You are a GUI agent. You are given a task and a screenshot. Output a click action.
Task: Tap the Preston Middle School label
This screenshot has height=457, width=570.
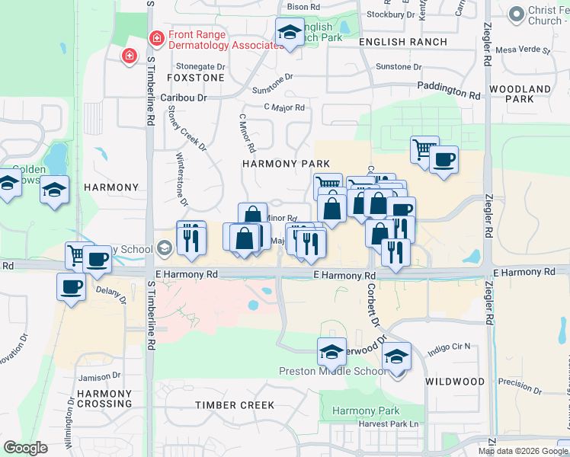pos(332,372)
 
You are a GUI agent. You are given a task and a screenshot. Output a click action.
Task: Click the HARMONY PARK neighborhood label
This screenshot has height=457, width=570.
pos(286,164)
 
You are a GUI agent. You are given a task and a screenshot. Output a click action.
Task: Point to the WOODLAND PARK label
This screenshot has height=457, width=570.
pos(520,94)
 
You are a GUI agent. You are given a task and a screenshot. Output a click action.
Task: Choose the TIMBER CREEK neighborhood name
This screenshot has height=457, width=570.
pos(235,405)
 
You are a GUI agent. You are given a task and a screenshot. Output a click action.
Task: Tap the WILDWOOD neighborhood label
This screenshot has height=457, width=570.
pos(455,381)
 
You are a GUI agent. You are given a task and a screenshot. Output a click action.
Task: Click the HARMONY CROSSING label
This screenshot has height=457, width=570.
pos(104,398)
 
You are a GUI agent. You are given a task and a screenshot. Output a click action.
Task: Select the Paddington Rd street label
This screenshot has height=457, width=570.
pos(449,91)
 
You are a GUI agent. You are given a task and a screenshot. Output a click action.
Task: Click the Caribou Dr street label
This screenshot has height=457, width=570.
pos(184,98)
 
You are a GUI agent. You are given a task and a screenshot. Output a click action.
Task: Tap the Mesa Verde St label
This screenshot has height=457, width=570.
pos(522,50)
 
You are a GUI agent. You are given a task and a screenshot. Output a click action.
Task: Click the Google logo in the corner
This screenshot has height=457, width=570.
pos(25,448)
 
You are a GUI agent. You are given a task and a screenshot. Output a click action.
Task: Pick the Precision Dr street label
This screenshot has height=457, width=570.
pos(520,388)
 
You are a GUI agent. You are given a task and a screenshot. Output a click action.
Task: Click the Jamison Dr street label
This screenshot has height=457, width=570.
pos(101,377)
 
